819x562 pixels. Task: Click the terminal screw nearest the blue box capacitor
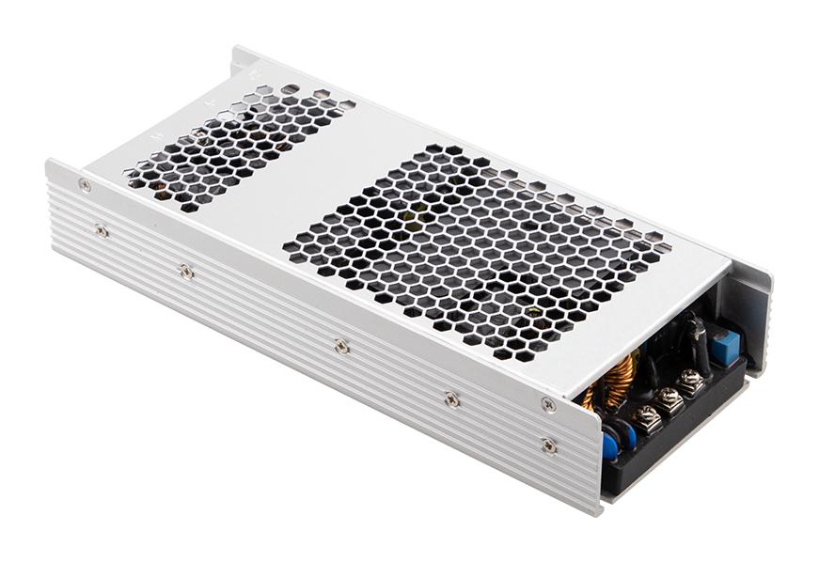click(x=692, y=381)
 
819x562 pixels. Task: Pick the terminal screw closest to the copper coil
click(x=646, y=417)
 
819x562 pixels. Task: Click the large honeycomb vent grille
click(x=470, y=249)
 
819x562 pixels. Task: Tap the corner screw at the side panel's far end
click(x=85, y=185)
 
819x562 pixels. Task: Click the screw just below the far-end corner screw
click(x=101, y=229)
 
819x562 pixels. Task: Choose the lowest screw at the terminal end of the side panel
click(x=548, y=445)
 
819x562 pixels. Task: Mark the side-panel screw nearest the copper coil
click(x=548, y=404)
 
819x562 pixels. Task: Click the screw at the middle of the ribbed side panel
click(x=341, y=347)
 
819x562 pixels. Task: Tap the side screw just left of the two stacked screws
click(x=451, y=398)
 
